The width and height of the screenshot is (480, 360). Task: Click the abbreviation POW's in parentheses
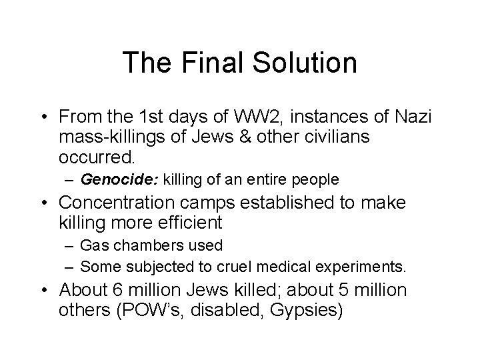point(167,311)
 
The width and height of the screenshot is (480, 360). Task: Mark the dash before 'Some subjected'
point(69,267)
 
